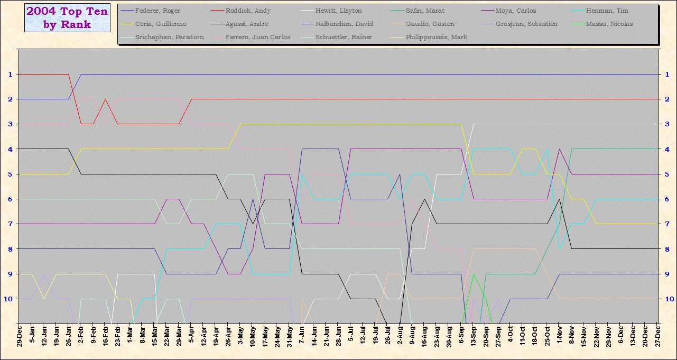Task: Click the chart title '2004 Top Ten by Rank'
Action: point(67,18)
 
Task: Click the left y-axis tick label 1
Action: point(10,75)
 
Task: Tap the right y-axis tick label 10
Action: point(668,299)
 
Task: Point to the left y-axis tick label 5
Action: point(10,174)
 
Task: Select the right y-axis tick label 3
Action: point(667,124)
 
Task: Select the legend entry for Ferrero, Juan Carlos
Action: point(257,37)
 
